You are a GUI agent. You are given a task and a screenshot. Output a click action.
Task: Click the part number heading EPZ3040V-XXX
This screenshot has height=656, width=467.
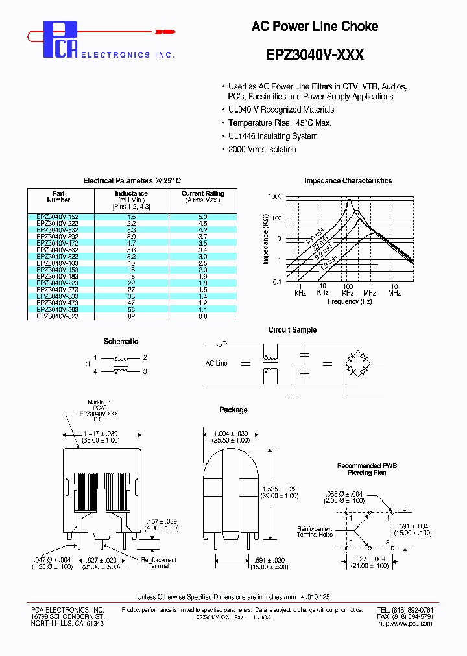pos(315,55)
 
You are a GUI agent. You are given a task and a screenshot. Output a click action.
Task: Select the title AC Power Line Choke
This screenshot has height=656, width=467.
pos(315,27)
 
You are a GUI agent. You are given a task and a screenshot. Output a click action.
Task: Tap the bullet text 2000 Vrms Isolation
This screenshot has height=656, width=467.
pos(262,150)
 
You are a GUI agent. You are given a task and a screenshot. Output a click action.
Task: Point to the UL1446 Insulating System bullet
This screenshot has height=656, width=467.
pos(272,136)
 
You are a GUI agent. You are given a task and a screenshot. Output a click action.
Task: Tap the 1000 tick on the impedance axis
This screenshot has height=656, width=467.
pos(275,196)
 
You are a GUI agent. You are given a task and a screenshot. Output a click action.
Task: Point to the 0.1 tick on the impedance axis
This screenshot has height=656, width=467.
pos(278,281)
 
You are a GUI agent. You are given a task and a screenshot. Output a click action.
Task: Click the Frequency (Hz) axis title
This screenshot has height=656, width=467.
pos(350,301)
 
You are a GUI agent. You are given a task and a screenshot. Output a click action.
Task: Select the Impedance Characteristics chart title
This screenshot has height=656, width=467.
pos(348,181)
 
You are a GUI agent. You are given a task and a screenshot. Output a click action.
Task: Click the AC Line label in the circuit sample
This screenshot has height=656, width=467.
pos(216,364)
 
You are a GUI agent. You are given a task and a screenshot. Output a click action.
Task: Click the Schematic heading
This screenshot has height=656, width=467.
pos(121,342)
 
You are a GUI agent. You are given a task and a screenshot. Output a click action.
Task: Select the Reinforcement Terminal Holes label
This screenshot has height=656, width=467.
pos(315,532)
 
